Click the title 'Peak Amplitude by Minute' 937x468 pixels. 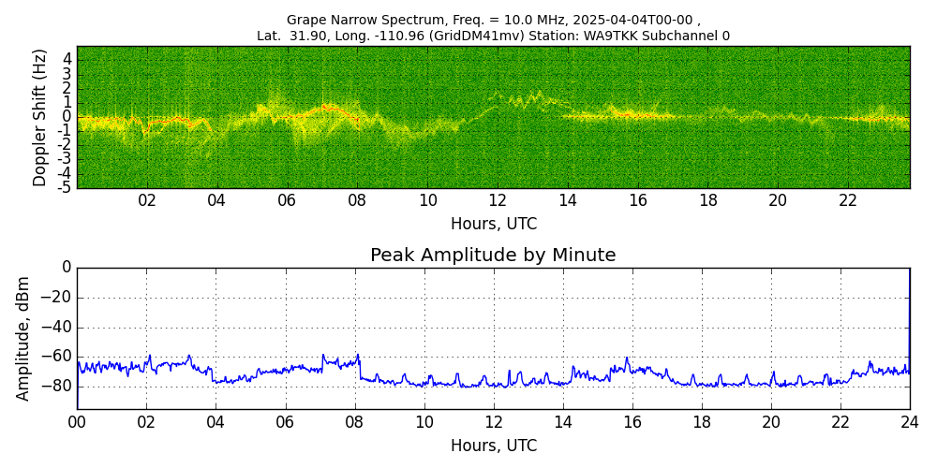493,256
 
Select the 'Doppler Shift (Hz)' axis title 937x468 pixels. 40,117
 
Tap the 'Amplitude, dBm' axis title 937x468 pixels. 23,338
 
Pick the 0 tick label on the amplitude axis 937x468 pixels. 67,268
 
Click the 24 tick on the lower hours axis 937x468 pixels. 910,422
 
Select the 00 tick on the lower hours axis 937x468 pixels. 77,422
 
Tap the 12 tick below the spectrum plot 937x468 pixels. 498,200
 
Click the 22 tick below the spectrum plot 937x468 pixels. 848,200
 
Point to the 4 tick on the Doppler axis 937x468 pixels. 67,58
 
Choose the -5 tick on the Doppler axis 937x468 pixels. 65,187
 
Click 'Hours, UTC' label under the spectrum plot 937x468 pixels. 494,224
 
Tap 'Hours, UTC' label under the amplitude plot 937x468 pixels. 494,446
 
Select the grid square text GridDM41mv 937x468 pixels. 484,37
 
